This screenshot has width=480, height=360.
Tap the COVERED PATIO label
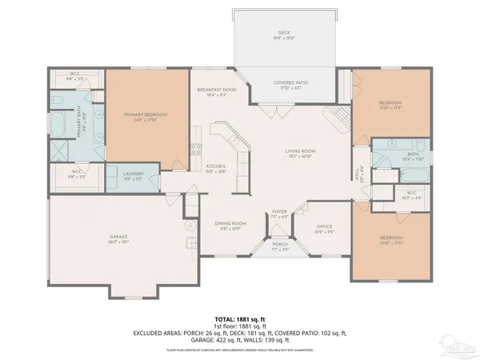coord(290,82)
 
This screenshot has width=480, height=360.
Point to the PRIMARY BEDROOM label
coord(146,114)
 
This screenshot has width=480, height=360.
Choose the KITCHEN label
coord(215,166)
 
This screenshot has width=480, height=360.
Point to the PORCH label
coord(280,246)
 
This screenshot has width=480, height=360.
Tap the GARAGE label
coord(119,237)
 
